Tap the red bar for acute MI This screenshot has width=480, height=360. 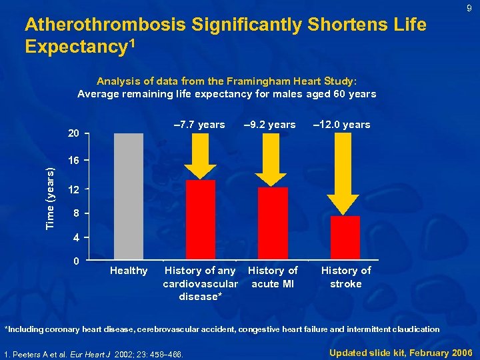(273, 223)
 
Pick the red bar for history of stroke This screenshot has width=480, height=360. (345, 237)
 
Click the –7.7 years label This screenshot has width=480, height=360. (199, 125)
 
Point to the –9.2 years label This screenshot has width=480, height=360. (270, 125)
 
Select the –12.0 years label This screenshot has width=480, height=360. (342, 125)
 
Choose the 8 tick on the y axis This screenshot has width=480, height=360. (77, 213)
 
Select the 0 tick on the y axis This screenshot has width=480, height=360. (77, 261)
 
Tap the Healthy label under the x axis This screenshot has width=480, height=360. (129, 271)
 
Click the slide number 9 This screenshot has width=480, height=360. (469, 9)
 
